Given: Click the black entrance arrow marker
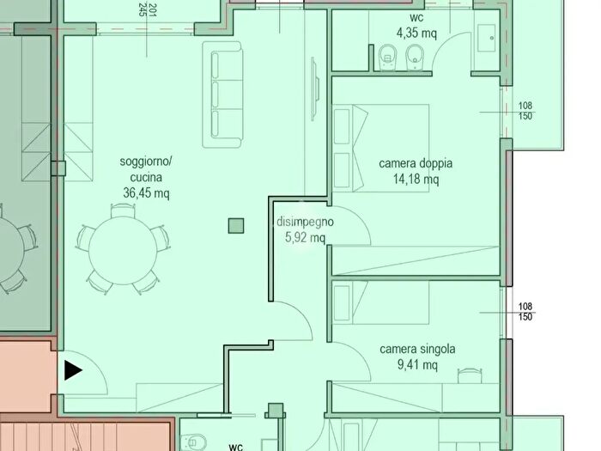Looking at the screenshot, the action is (x=73, y=370).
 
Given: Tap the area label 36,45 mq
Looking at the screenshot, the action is (x=146, y=193).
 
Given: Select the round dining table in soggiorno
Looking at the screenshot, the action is (x=123, y=251).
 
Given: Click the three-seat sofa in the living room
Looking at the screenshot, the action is (x=222, y=94).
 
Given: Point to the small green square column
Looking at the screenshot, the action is (x=236, y=226).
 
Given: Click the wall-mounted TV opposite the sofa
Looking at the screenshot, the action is (x=315, y=89).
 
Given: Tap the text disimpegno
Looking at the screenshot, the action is (x=305, y=222).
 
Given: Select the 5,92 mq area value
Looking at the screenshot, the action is (x=305, y=237).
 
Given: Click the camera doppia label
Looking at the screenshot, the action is (x=416, y=163).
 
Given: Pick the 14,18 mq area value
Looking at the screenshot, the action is (x=416, y=179).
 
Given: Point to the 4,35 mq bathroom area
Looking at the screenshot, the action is (x=416, y=33).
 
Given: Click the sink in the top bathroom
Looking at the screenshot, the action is (x=487, y=39).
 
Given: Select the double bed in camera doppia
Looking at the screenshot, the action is (x=380, y=148).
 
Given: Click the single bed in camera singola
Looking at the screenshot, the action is (x=380, y=302).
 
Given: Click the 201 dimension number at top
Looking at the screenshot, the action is (x=153, y=10).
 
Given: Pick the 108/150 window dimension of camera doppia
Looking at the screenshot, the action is (x=525, y=111).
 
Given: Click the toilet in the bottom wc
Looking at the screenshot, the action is (x=193, y=443).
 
